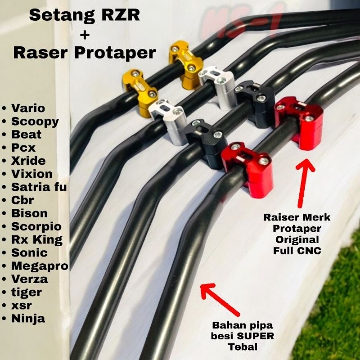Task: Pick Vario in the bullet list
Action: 29,108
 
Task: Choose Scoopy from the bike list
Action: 36,121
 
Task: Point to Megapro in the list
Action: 41,266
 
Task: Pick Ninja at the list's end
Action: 29,319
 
